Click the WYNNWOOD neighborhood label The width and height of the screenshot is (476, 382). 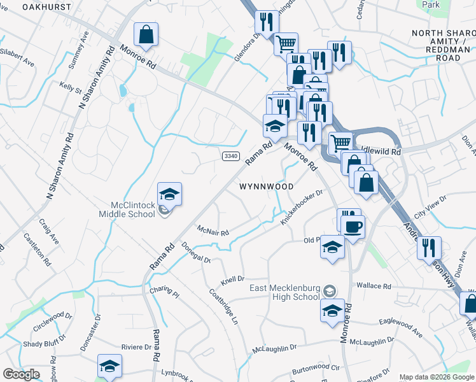pos(267,187)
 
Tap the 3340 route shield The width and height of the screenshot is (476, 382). pos(231,155)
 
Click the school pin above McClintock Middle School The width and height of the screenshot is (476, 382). pos(170,194)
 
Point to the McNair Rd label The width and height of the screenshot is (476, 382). pos(213,230)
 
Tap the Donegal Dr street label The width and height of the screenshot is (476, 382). pos(196,253)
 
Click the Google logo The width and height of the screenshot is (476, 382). pos(21,375)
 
